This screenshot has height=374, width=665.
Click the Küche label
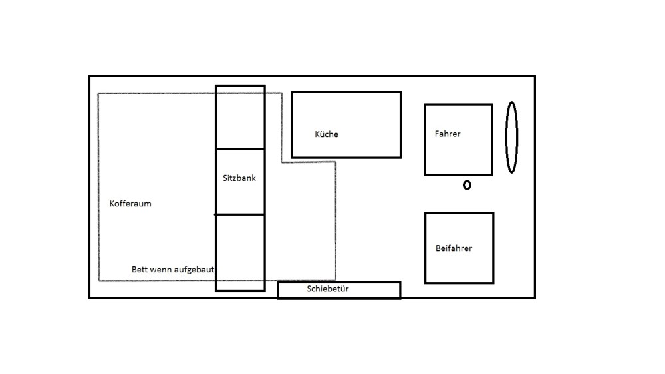327,134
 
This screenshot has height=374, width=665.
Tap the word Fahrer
448,134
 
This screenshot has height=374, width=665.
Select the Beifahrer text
454,248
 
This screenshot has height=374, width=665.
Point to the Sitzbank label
239,178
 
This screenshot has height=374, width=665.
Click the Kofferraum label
130,204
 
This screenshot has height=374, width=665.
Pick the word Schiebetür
328,289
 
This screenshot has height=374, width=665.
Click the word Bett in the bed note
140,270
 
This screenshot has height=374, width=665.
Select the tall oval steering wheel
511,137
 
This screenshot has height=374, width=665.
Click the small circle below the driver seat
467,185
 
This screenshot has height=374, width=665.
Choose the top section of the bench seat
240,117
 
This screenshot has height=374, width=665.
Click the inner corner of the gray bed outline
282,162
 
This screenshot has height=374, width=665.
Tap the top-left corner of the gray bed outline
99,93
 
